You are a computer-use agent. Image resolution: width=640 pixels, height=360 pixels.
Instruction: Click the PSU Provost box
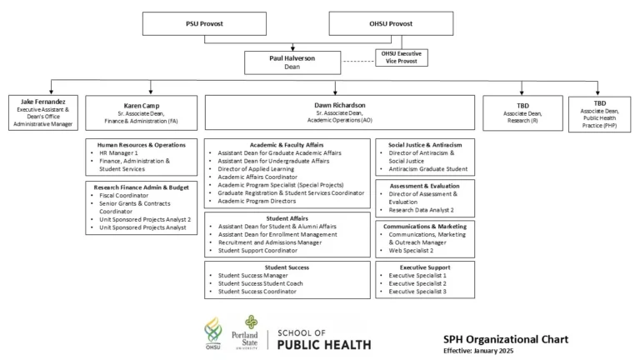pos(204,23)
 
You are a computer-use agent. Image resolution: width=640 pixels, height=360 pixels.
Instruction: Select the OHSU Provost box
pos(391,23)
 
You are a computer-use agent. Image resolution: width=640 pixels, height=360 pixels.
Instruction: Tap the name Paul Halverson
pos(292,58)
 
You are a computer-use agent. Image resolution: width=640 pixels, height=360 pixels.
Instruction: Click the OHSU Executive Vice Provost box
pos(402,57)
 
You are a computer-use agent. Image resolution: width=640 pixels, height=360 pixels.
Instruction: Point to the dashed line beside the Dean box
pos(358,62)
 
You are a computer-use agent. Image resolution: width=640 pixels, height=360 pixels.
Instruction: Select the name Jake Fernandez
pos(43,102)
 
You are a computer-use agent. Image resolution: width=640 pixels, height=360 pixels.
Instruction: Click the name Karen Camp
pos(142,106)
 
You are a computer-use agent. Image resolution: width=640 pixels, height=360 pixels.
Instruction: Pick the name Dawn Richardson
pos(340,105)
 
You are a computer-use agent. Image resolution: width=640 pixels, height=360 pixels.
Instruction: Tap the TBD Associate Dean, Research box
pos(522,113)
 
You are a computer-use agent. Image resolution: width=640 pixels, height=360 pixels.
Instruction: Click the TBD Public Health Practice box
pos(600,114)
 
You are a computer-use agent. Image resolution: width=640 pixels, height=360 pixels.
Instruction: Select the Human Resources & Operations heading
pos(141,145)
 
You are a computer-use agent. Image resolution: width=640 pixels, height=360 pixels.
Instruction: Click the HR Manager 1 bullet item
pos(119,153)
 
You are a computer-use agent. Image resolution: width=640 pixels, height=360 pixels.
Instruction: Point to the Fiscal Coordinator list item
pos(124,196)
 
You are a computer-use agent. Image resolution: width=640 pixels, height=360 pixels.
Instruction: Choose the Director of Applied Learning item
pos(256,169)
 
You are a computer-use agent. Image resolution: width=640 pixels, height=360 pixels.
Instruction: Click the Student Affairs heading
pos(287,218)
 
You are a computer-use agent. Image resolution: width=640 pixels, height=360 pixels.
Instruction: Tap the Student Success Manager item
pos(253,276)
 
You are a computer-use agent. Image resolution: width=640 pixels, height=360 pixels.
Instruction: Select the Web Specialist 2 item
pos(411,251)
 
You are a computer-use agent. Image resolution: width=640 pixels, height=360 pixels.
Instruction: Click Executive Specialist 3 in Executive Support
pos(417,292)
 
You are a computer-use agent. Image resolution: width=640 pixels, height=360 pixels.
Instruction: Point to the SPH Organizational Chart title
pos(506,340)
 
